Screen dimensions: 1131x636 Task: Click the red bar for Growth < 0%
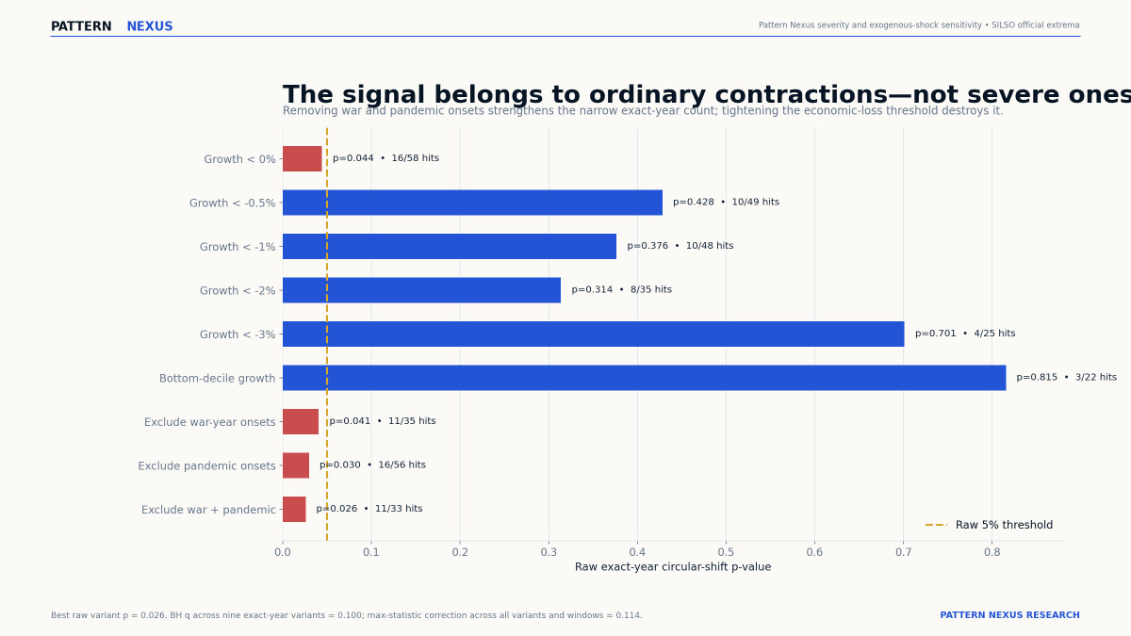(x=302, y=159)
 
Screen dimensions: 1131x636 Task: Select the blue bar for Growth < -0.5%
(x=472, y=203)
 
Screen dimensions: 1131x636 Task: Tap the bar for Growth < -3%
(x=593, y=334)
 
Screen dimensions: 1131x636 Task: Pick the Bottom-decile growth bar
(x=645, y=378)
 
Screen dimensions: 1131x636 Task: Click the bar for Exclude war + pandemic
(x=294, y=510)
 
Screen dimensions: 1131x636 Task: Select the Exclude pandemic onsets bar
(x=296, y=465)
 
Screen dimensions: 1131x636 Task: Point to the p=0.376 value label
(x=647, y=246)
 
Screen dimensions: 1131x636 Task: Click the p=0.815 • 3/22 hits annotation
(x=1066, y=377)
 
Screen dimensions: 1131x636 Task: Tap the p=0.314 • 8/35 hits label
(x=621, y=290)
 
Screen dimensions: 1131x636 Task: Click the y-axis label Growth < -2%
(x=238, y=291)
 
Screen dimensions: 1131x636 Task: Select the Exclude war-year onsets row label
(x=209, y=422)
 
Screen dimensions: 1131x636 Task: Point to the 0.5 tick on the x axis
(x=726, y=552)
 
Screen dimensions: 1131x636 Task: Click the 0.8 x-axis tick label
(x=992, y=552)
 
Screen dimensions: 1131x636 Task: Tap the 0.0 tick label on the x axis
(x=283, y=552)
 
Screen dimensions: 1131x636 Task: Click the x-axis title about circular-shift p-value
(x=673, y=567)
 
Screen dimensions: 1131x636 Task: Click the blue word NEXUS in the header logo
(x=150, y=26)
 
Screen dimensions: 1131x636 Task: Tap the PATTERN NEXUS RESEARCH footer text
(x=1009, y=614)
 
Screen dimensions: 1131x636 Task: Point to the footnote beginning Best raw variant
(x=347, y=615)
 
